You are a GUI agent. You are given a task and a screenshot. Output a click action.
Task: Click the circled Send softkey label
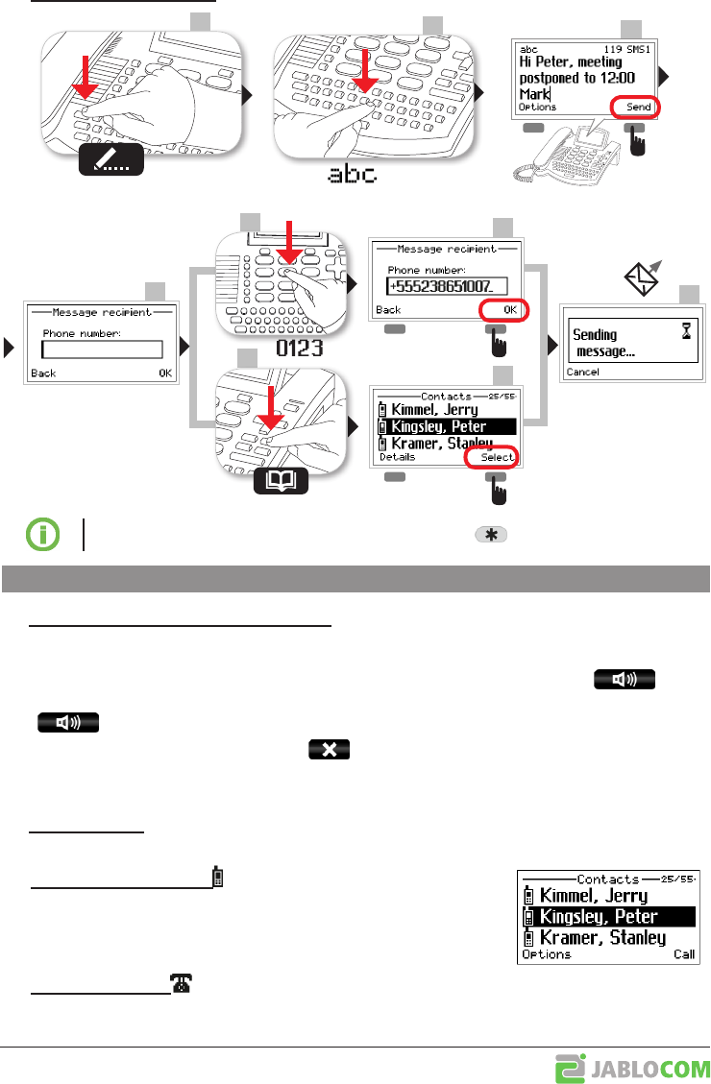[638, 107]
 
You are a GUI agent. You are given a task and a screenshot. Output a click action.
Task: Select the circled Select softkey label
[497, 458]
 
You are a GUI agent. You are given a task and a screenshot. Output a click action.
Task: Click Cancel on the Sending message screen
[582, 371]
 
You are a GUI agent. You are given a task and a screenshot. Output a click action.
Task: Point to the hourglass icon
[684, 329]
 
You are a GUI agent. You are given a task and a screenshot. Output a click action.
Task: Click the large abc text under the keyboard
[353, 174]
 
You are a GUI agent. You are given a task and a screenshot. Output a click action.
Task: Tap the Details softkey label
[397, 458]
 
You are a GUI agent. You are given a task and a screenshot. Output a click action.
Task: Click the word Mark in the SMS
[532, 93]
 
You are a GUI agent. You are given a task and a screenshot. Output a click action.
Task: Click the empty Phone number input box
[102, 349]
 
